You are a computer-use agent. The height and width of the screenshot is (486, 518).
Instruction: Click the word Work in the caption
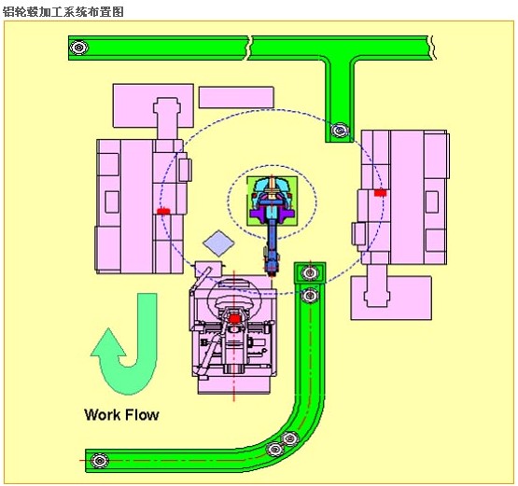(103, 414)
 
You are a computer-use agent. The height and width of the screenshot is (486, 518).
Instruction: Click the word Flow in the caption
(143, 414)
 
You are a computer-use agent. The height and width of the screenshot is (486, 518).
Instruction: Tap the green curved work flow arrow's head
(108, 342)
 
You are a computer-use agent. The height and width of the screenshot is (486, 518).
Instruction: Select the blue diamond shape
(218, 243)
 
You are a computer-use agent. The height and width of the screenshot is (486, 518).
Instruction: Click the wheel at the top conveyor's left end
(78, 48)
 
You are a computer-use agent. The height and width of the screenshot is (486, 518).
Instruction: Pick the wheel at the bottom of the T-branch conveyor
(340, 130)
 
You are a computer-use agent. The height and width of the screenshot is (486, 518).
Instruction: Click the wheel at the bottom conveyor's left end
(100, 460)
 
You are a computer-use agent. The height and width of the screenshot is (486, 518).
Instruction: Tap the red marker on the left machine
(162, 211)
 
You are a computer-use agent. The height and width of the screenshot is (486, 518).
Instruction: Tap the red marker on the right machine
(380, 192)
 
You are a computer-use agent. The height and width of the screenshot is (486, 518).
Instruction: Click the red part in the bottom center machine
(234, 319)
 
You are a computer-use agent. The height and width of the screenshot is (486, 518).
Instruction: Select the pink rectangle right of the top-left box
(236, 97)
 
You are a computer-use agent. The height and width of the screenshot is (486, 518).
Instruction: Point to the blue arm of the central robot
(273, 241)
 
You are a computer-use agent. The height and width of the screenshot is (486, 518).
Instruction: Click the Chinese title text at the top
(63, 12)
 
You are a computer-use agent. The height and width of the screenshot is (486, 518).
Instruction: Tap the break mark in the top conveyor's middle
(249, 48)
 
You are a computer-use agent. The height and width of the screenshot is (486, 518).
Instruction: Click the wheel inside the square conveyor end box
(310, 272)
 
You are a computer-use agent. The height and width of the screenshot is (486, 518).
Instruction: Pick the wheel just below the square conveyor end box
(310, 295)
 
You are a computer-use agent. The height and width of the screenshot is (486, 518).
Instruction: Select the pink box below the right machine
(391, 298)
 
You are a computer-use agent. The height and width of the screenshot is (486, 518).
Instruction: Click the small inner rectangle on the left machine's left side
(112, 201)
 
